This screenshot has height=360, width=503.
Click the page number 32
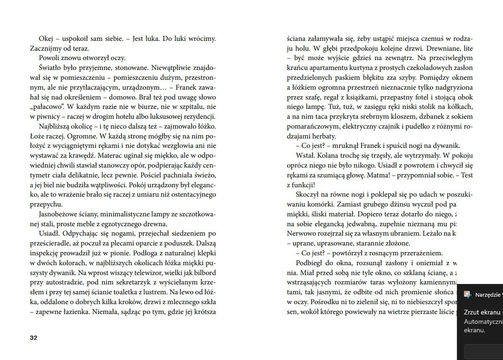(33, 338)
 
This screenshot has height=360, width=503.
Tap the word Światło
(51, 68)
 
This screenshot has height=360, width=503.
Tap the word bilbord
(203, 272)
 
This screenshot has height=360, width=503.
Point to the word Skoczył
(308, 194)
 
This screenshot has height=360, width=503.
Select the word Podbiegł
(309, 263)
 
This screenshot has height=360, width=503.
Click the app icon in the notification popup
(467, 294)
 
